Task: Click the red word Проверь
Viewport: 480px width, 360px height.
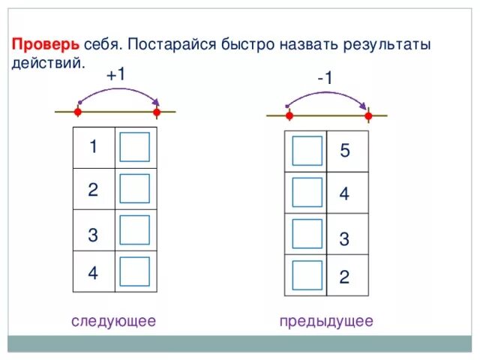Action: (x=43, y=45)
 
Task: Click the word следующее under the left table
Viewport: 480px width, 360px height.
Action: (x=113, y=321)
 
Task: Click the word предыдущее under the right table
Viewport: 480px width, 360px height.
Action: (x=325, y=321)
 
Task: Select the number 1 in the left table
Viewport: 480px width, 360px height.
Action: (x=93, y=147)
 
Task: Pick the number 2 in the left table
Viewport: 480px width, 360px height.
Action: (x=93, y=190)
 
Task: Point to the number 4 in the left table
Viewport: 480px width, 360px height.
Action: (x=93, y=273)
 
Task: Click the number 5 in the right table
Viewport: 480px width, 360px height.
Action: (x=344, y=151)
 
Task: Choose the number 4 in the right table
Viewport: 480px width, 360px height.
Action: (x=344, y=194)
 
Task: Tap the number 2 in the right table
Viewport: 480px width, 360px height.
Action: (x=344, y=277)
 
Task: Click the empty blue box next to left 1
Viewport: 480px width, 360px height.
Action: (x=134, y=148)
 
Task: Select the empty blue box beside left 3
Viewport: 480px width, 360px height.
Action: (x=134, y=232)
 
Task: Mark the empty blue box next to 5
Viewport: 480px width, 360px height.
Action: (x=307, y=151)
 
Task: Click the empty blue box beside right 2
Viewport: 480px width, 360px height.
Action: (x=307, y=276)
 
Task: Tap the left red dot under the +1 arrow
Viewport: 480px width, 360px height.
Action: (x=77, y=113)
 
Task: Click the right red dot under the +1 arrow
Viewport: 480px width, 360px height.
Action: (x=157, y=113)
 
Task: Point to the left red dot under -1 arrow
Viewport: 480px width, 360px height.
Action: (x=289, y=116)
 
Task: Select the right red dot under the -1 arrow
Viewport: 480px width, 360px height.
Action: (x=368, y=116)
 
